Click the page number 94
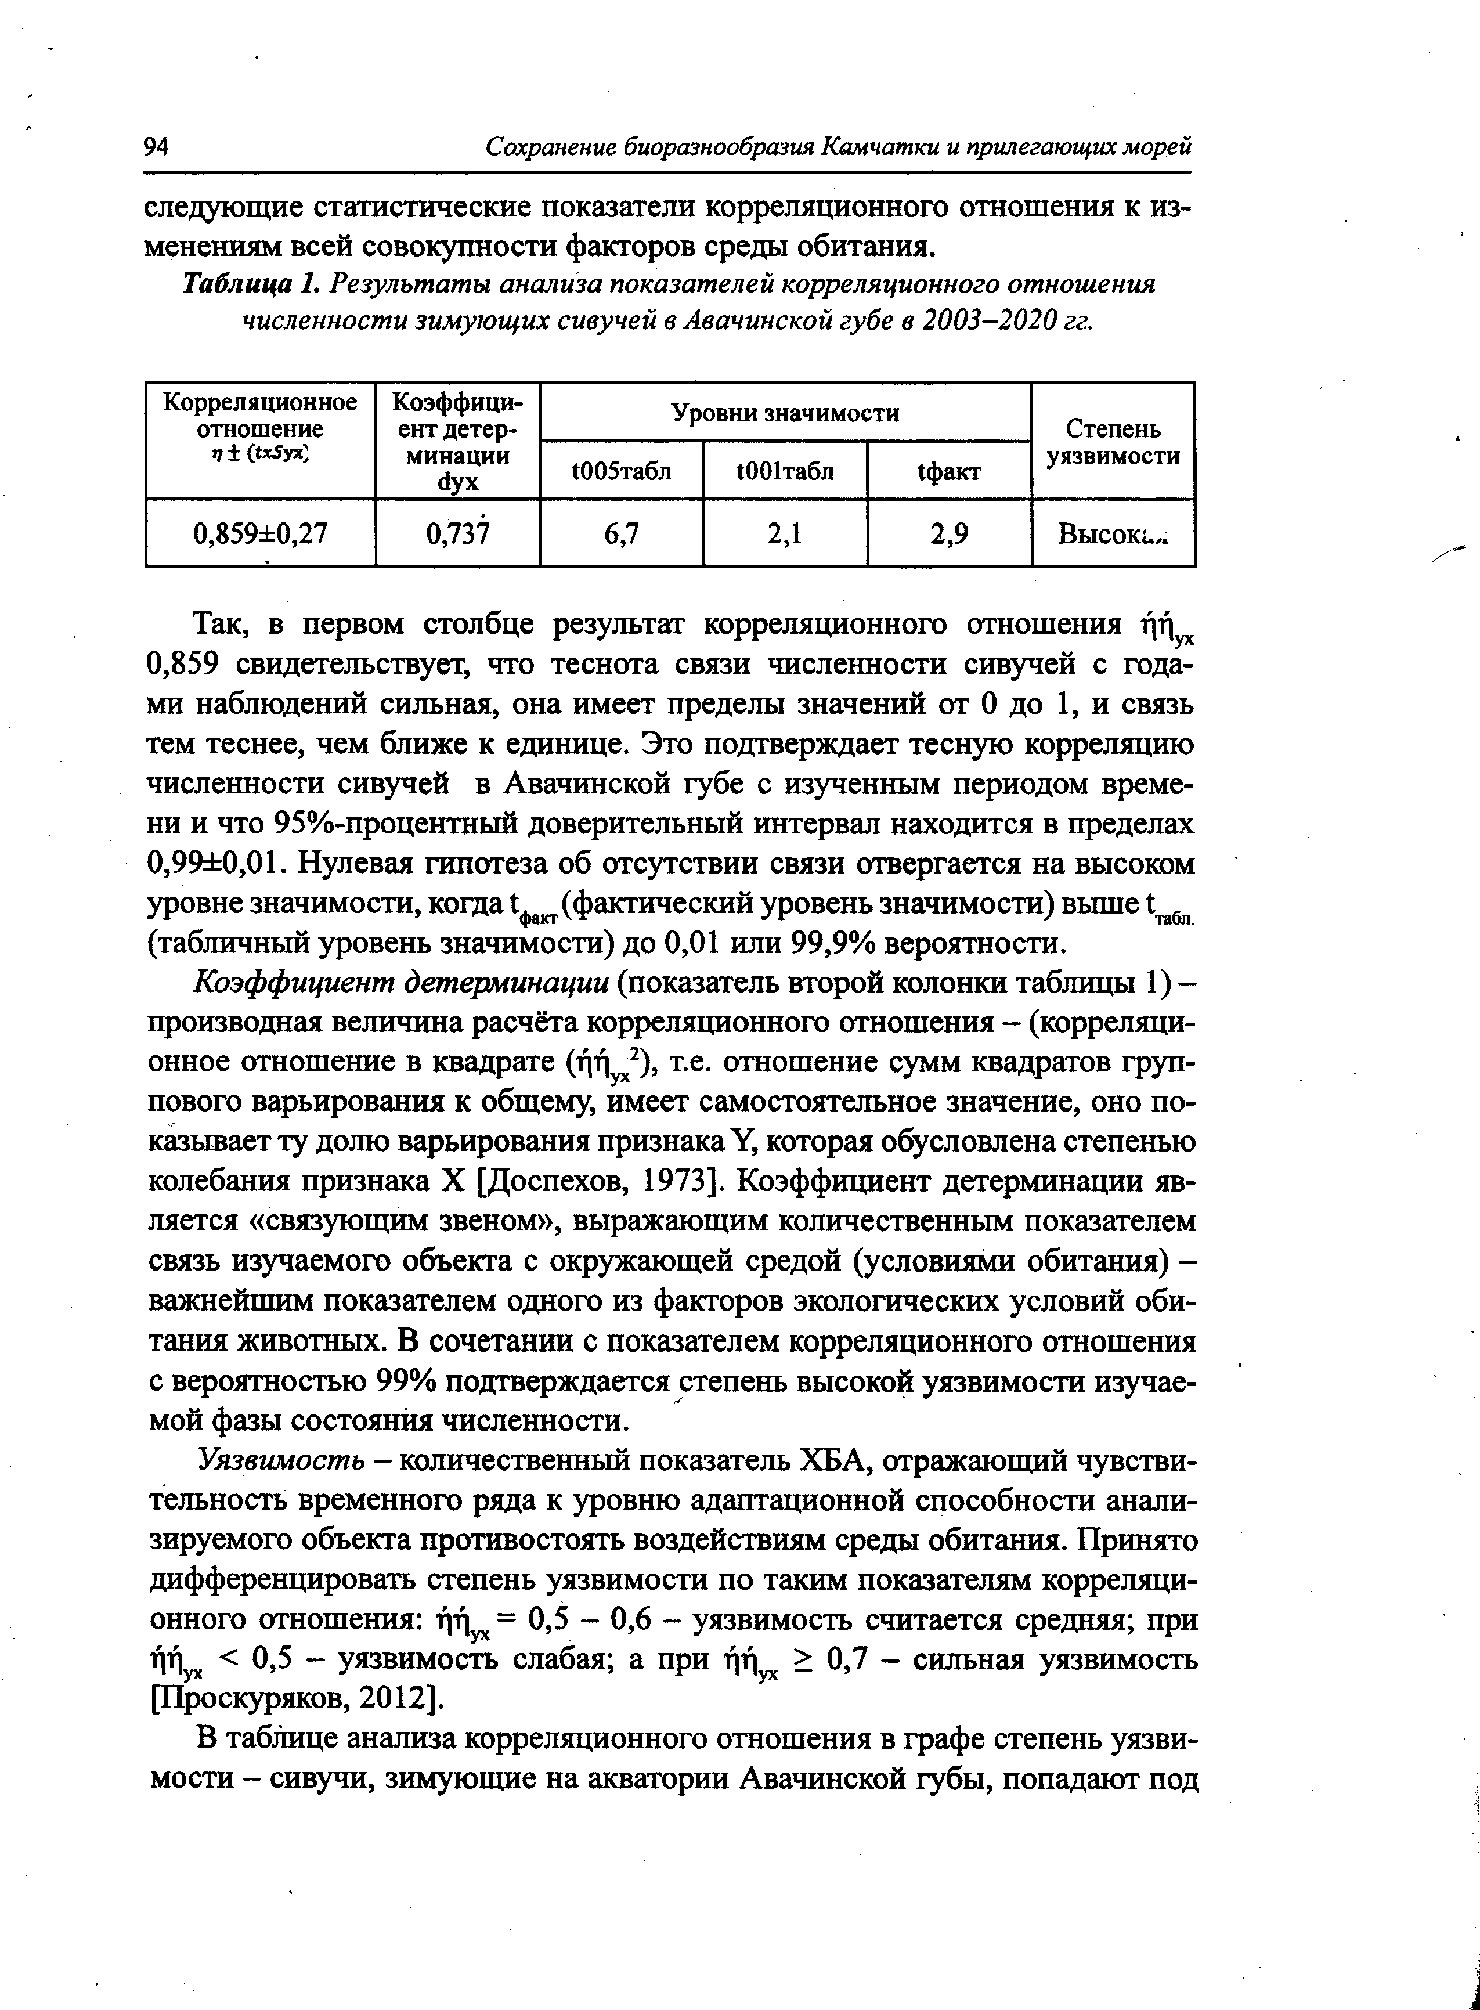156,146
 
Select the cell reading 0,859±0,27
261,534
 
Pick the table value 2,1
786,534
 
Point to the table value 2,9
949,534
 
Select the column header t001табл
786,470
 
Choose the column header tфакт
949,470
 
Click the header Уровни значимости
786,413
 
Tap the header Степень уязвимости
1114,442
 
